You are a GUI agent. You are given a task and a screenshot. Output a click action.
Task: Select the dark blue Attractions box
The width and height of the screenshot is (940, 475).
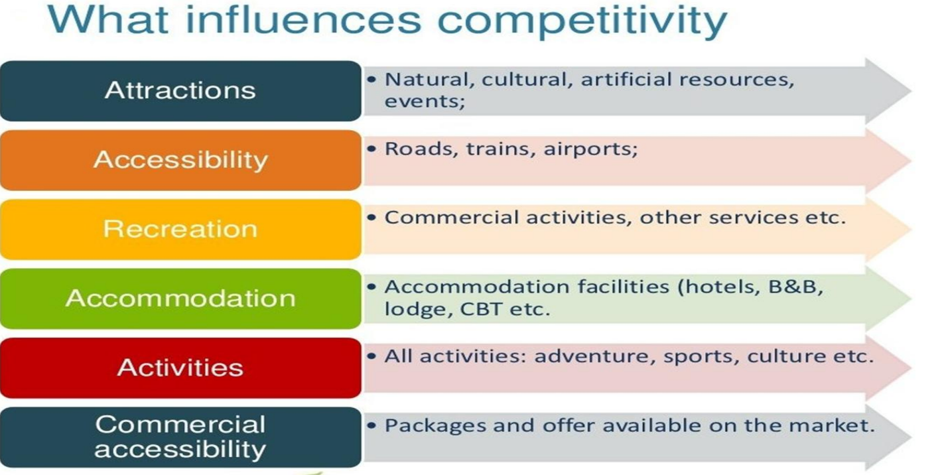pos(180,91)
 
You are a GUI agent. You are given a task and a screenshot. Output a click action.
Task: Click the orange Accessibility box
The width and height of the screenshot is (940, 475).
pos(180,160)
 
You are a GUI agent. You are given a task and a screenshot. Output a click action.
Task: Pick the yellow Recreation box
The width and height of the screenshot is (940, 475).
pos(180,229)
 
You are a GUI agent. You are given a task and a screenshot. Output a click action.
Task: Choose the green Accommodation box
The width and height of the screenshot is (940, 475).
pos(180,299)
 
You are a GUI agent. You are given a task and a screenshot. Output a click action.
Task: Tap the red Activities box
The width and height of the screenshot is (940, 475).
pos(180,368)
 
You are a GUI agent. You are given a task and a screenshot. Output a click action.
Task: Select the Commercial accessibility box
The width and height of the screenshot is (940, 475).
pos(180,437)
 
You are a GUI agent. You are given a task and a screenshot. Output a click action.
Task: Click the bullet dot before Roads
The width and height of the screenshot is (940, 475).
pos(372,147)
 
